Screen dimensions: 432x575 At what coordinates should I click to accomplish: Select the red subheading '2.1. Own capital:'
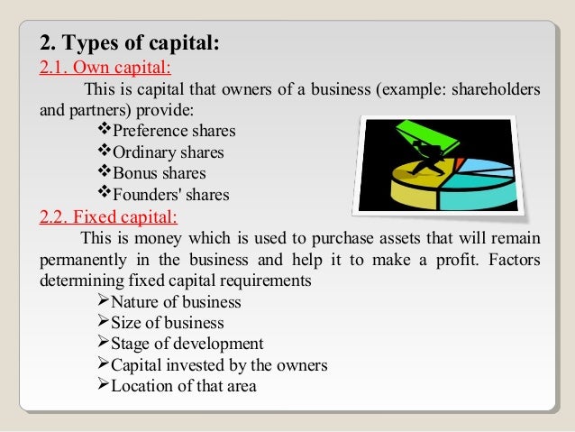click(107, 68)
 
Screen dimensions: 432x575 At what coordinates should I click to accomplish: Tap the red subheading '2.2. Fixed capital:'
click(110, 216)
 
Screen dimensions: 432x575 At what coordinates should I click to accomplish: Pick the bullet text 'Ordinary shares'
click(168, 152)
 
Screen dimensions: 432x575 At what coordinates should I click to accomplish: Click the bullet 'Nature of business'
click(175, 303)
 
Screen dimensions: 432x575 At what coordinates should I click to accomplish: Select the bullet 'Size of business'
click(167, 323)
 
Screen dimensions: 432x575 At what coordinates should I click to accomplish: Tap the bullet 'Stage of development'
click(187, 344)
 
